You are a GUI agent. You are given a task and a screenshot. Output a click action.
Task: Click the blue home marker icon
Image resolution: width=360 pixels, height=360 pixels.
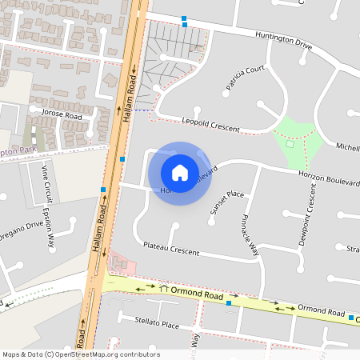tap(180, 173)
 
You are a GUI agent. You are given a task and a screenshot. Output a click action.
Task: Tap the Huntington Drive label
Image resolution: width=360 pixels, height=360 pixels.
tap(283, 40)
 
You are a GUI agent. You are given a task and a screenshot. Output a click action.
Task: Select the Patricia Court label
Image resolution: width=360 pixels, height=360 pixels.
tap(245, 78)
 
